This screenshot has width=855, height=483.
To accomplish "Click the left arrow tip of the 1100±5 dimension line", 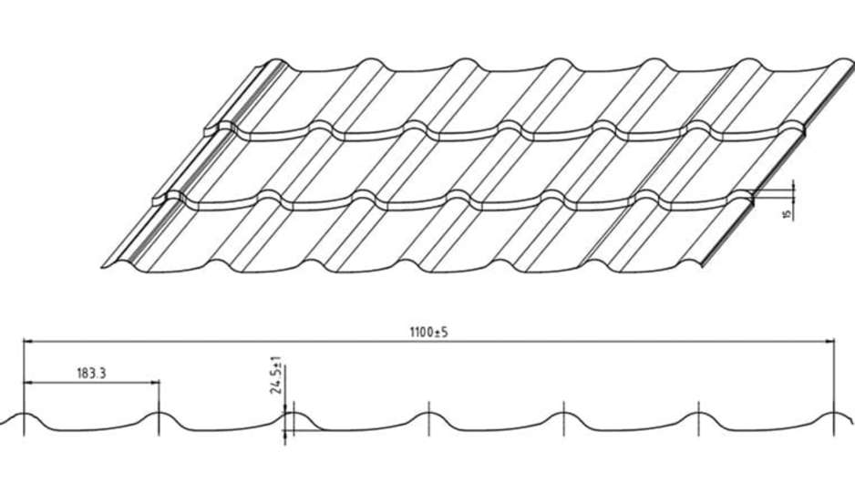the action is pos(24,342).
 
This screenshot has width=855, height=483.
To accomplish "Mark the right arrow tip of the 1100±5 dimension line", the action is pos(834,342).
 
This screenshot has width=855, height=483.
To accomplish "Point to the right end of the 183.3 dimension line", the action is pos(160,383).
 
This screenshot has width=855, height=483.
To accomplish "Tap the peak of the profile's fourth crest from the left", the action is pos(428,413).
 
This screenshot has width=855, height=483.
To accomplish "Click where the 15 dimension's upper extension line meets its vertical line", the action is pos(793,188).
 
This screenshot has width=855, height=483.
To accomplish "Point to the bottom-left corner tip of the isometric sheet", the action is pos(102,267).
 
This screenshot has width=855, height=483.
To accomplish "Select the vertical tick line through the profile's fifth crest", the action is pos(564,418).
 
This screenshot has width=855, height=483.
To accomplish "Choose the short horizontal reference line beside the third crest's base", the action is pos(304,431).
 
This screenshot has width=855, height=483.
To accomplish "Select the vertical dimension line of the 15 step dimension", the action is pos(793,200).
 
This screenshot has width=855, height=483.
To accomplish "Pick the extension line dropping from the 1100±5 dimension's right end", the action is pos(834,387).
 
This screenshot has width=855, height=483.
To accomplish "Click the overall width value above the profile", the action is pos(428,332).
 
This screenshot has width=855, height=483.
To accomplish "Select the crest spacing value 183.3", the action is pos(91,373).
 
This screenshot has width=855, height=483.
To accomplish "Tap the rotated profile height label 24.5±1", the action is pos(276,376).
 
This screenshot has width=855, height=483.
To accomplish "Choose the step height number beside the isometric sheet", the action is pos(787,213).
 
